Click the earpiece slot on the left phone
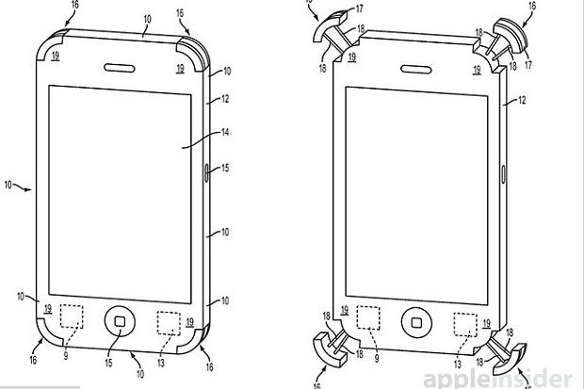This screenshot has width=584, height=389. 120,68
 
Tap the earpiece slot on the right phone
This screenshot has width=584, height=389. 416,69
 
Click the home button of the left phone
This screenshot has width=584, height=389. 120,321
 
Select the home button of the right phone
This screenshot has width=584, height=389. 416,322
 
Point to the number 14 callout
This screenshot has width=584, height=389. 225,132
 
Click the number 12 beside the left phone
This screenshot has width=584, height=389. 225,99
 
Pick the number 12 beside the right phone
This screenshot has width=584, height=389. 522,100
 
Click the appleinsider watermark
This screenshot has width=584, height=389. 497,379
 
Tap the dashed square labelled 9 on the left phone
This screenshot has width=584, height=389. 72,316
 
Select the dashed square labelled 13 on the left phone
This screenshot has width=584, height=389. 169,323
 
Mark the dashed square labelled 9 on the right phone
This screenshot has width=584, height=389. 368,317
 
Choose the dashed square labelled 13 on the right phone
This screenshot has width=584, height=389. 465,325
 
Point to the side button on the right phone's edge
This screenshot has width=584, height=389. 503,174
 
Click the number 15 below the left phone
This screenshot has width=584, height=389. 108,363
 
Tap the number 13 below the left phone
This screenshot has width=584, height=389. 161,363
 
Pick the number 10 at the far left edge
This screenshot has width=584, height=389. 8,185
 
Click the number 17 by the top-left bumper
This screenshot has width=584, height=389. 360,8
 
